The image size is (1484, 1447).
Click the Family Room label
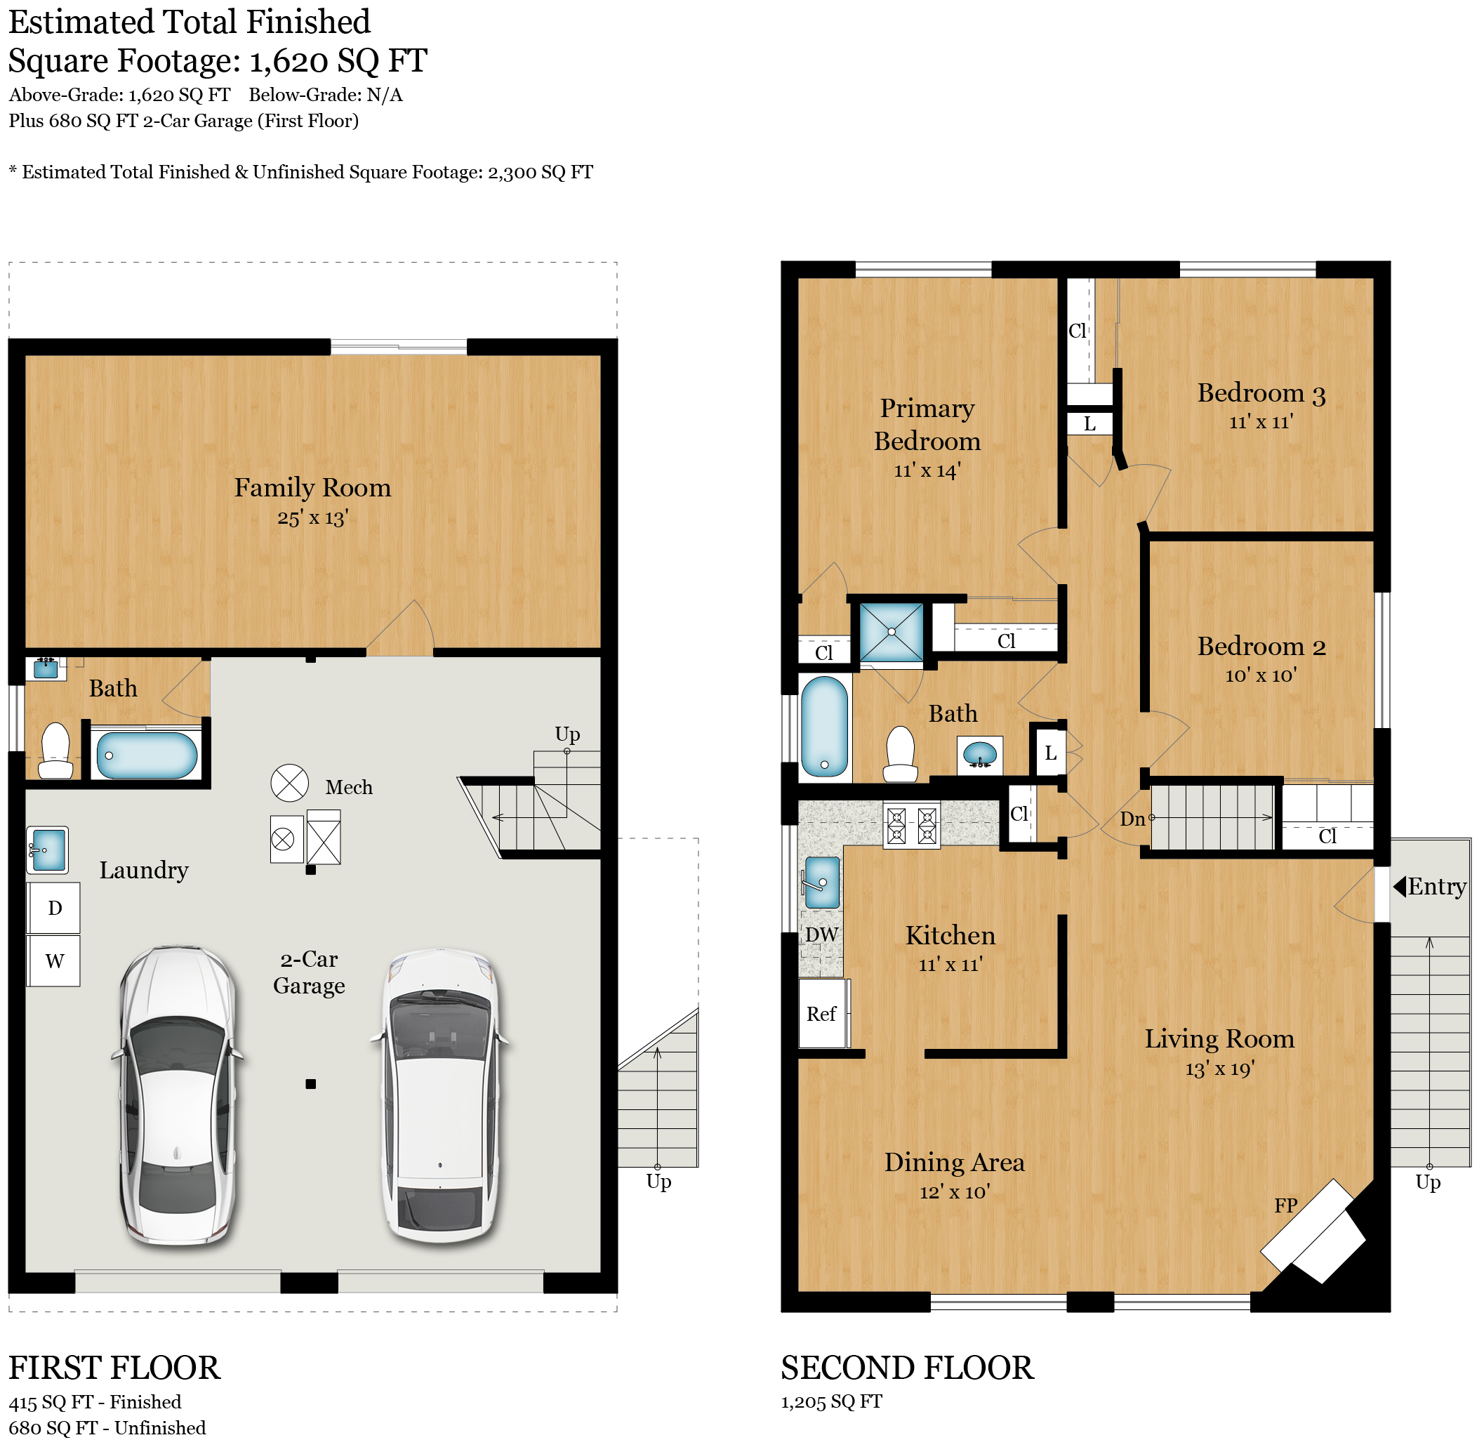coord(312,487)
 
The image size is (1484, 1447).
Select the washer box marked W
coord(54,960)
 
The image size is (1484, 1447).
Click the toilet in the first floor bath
coord(55,751)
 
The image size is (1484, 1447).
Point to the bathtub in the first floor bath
coord(147,755)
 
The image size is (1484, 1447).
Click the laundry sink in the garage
coord(48,850)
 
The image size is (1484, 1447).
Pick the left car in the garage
coord(178,1095)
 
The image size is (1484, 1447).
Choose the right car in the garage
coord(441,1095)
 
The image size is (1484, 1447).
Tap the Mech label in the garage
coord(349,787)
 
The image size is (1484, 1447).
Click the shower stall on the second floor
coord(892,633)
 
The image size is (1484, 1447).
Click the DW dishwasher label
coord(821,934)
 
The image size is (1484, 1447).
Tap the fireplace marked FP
coord(1313,1232)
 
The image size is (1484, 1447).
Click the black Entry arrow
coord(1399,886)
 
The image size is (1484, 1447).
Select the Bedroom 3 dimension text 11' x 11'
coord(1261,422)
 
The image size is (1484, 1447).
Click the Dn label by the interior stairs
coord(1132,819)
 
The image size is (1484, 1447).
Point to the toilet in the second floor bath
coord(901,753)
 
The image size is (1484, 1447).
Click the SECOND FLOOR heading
coord(907,1368)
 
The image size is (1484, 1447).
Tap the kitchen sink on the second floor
coord(821,883)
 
